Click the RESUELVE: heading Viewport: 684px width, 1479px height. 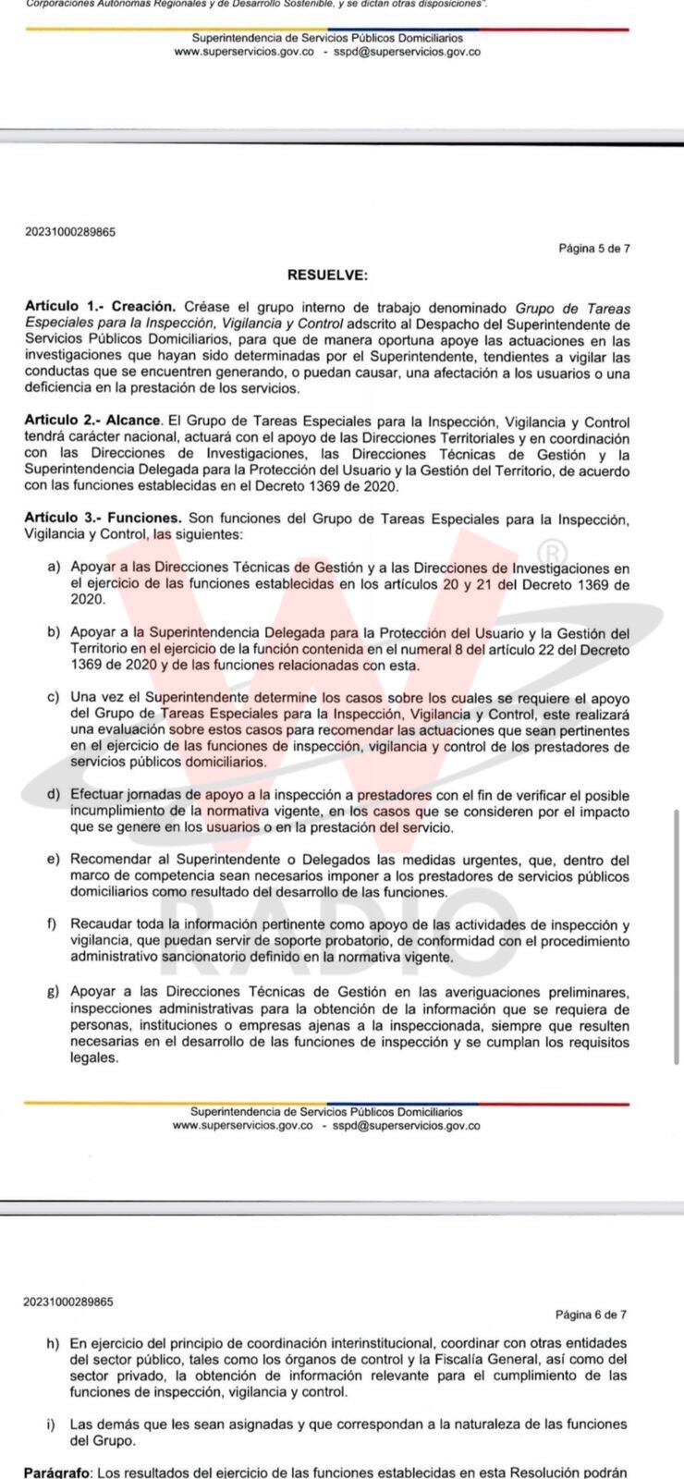tap(327, 275)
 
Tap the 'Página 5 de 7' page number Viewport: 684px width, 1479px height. tap(594, 248)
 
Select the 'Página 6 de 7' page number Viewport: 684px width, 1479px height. tap(591, 1314)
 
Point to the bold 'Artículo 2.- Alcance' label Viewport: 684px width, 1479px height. tap(93, 421)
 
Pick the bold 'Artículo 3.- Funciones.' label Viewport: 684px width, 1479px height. tap(104, 519)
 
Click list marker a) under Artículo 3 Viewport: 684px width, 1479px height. tap(55, 567)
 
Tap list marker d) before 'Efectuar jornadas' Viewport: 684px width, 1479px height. tap(55, 794)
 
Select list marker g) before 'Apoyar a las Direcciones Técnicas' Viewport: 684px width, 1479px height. tap(55, 992)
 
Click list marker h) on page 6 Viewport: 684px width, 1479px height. tap(53, 1342)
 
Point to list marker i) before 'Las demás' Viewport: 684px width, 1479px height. tap(51, 1424)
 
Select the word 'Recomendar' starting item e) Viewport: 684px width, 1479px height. tap(108, 859)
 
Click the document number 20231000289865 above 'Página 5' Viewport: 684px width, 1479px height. tap(70, 231)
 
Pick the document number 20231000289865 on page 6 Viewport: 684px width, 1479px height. tap(68, 1302)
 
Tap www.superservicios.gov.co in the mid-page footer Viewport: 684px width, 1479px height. tap(242, 1126)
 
